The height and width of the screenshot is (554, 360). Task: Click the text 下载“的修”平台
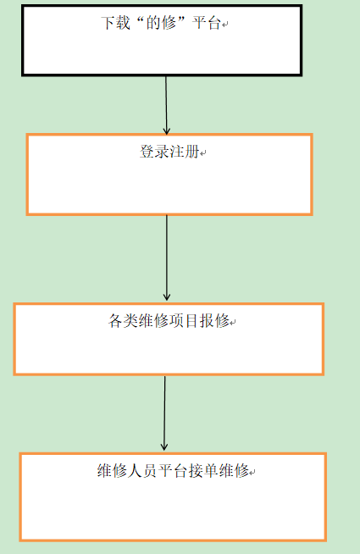tap(161, 24)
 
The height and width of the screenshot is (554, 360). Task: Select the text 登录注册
tap(169, 152)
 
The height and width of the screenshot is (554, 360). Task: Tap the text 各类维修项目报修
tap(169, 321)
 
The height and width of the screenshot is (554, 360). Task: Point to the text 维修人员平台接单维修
tap(173, 471)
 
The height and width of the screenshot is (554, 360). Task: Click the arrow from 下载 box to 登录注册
tap(166, 105)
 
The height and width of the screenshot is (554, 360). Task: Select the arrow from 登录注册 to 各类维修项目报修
tap(167, 258)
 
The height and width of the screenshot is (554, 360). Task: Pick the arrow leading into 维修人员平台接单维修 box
tap(164, 413)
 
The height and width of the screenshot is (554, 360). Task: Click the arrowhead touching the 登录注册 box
tap(166, 131)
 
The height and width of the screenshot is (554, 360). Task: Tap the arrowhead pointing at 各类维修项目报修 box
tap(167, 297)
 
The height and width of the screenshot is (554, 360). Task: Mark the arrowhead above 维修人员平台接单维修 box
tap(164, 447)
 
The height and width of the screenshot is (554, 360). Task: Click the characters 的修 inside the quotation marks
tap(161, 24)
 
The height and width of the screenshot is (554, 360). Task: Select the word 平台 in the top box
tap(207, 24)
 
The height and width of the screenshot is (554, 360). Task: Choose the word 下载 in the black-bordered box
tap(115, 24)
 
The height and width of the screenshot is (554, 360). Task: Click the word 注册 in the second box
tap(185, 152)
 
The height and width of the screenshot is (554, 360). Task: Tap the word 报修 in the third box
tap(215, 321)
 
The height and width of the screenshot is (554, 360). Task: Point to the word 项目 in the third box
tap(184, 321)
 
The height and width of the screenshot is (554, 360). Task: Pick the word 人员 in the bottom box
tap(142, 471)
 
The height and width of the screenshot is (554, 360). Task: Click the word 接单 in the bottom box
tap(203, 471)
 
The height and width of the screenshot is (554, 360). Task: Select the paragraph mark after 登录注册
tap(203, 153)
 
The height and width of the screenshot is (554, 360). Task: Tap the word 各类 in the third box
tap(124, 321)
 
